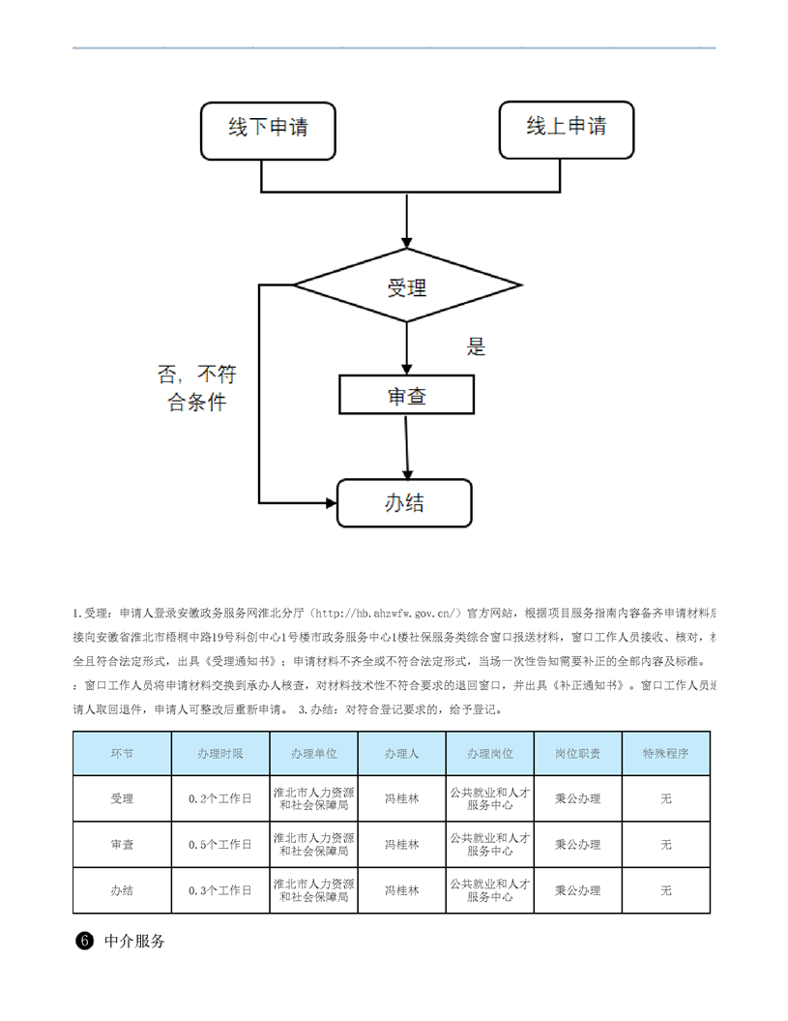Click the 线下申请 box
[x=268, y=129]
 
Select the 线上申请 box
[x=567, y=129]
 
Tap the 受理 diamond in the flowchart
[x=407, y=286]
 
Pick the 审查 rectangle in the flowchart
[x=407, y=396]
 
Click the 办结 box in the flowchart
[x=404, y=503]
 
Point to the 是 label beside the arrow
[x=476, y=346]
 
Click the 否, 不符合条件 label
[x=197, y=388]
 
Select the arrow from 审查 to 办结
[x=407, y=446]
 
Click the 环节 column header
[x=122, y=754]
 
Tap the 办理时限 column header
[x=219, y=754]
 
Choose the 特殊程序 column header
[x=665, y=754]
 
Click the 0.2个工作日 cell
[x=219, y=798]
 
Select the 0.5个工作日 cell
[x=219, y=845]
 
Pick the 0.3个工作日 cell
[x=219, y=890]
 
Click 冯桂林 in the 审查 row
[x=401, y=845]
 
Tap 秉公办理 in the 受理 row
[x=577, y=798]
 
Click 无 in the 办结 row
[x=665, y=890]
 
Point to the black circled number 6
[x=84, y=941]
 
